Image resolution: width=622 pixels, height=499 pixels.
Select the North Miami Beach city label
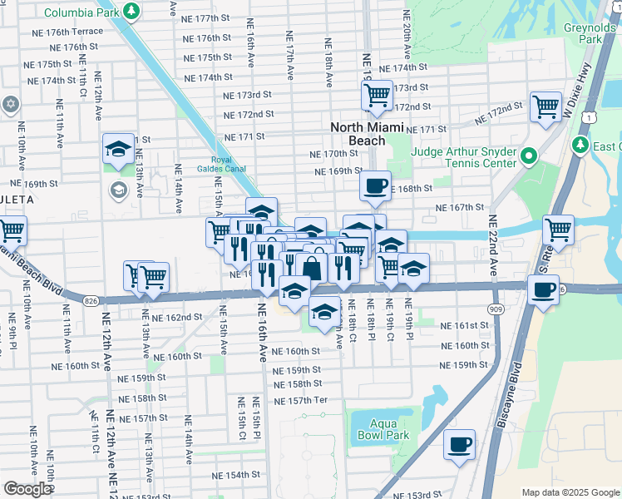coord(367,134)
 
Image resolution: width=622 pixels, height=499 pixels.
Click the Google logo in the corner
coord(27,489)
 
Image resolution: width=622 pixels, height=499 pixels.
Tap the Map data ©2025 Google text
coord(570,492)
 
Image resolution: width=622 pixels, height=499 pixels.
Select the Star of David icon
coord(10,104)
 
